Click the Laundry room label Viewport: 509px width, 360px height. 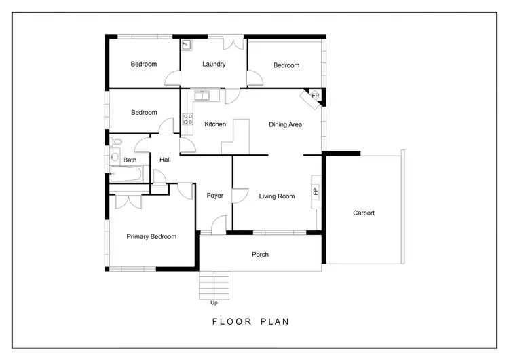214,65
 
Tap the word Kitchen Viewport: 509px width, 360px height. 215,124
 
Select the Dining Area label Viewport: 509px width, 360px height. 285,124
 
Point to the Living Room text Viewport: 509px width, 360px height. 277,196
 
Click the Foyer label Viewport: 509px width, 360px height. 215,196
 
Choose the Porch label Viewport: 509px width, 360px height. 260,255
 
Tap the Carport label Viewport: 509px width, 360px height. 364,213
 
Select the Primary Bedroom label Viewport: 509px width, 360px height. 151,236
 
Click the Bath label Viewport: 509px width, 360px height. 130,160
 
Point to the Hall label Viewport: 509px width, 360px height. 165,160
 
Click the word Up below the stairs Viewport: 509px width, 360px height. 215,303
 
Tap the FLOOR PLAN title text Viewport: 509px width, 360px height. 250,322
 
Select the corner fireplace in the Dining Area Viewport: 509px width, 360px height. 314,96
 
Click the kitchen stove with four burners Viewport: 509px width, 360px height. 187,120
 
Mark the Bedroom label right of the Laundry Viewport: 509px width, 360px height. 286,65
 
